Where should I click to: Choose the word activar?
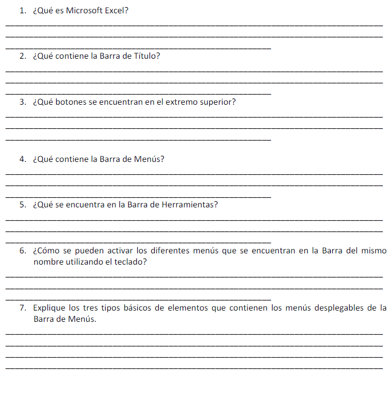pyautogui.click(x=121, y=251)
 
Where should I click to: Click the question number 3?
pyautogui.click(x=22, y=102)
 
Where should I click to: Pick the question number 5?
pyautogui.click(x=22, y=205)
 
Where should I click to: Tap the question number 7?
pyautogui.click(x=22, y=308)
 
